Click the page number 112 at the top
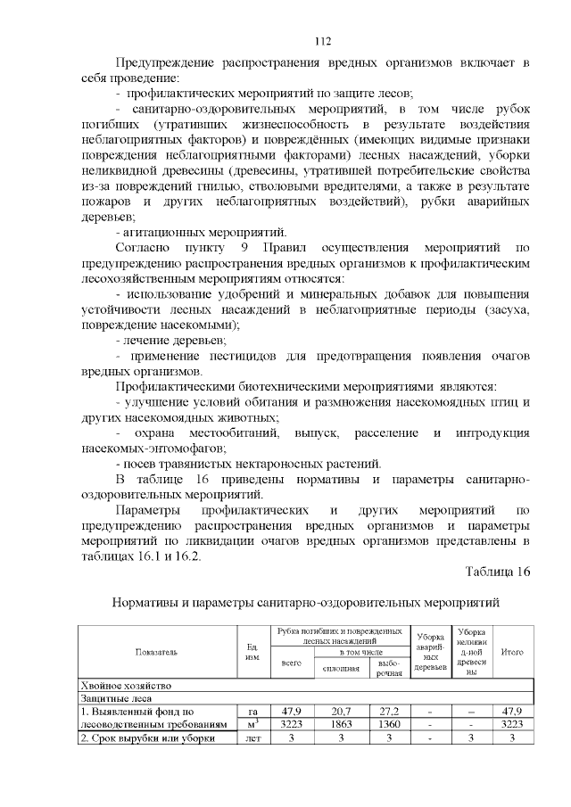click(322, 41)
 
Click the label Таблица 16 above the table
click(498, 572)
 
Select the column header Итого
click(512, 652)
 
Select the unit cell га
click(252, 712)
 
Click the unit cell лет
click(252, 739)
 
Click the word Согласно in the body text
click(147, 246)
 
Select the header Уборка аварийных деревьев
click(432, 652)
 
